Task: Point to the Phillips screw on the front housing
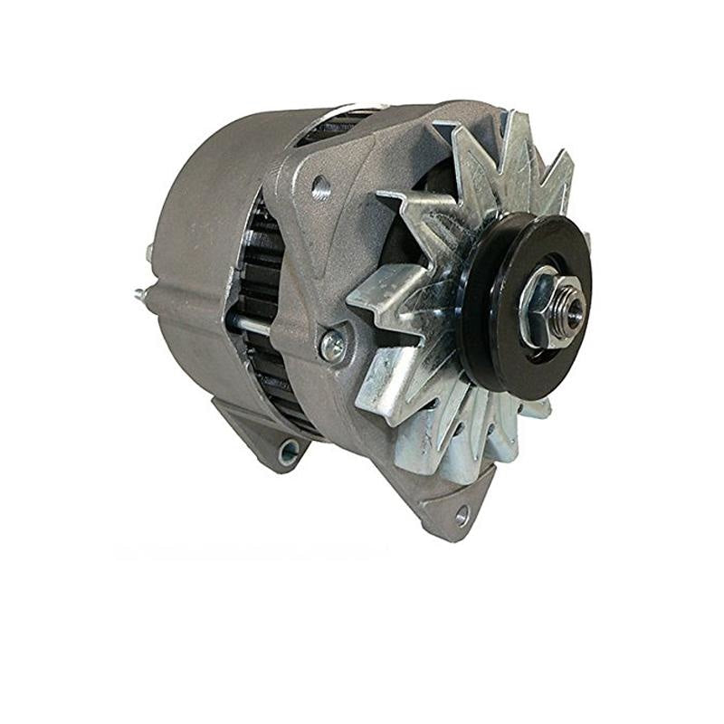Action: [x=331, y=345]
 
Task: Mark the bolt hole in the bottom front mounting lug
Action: [x=462, y=515]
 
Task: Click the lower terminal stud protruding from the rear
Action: [x=141, y=293]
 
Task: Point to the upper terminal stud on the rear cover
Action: [x=149, y=252]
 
